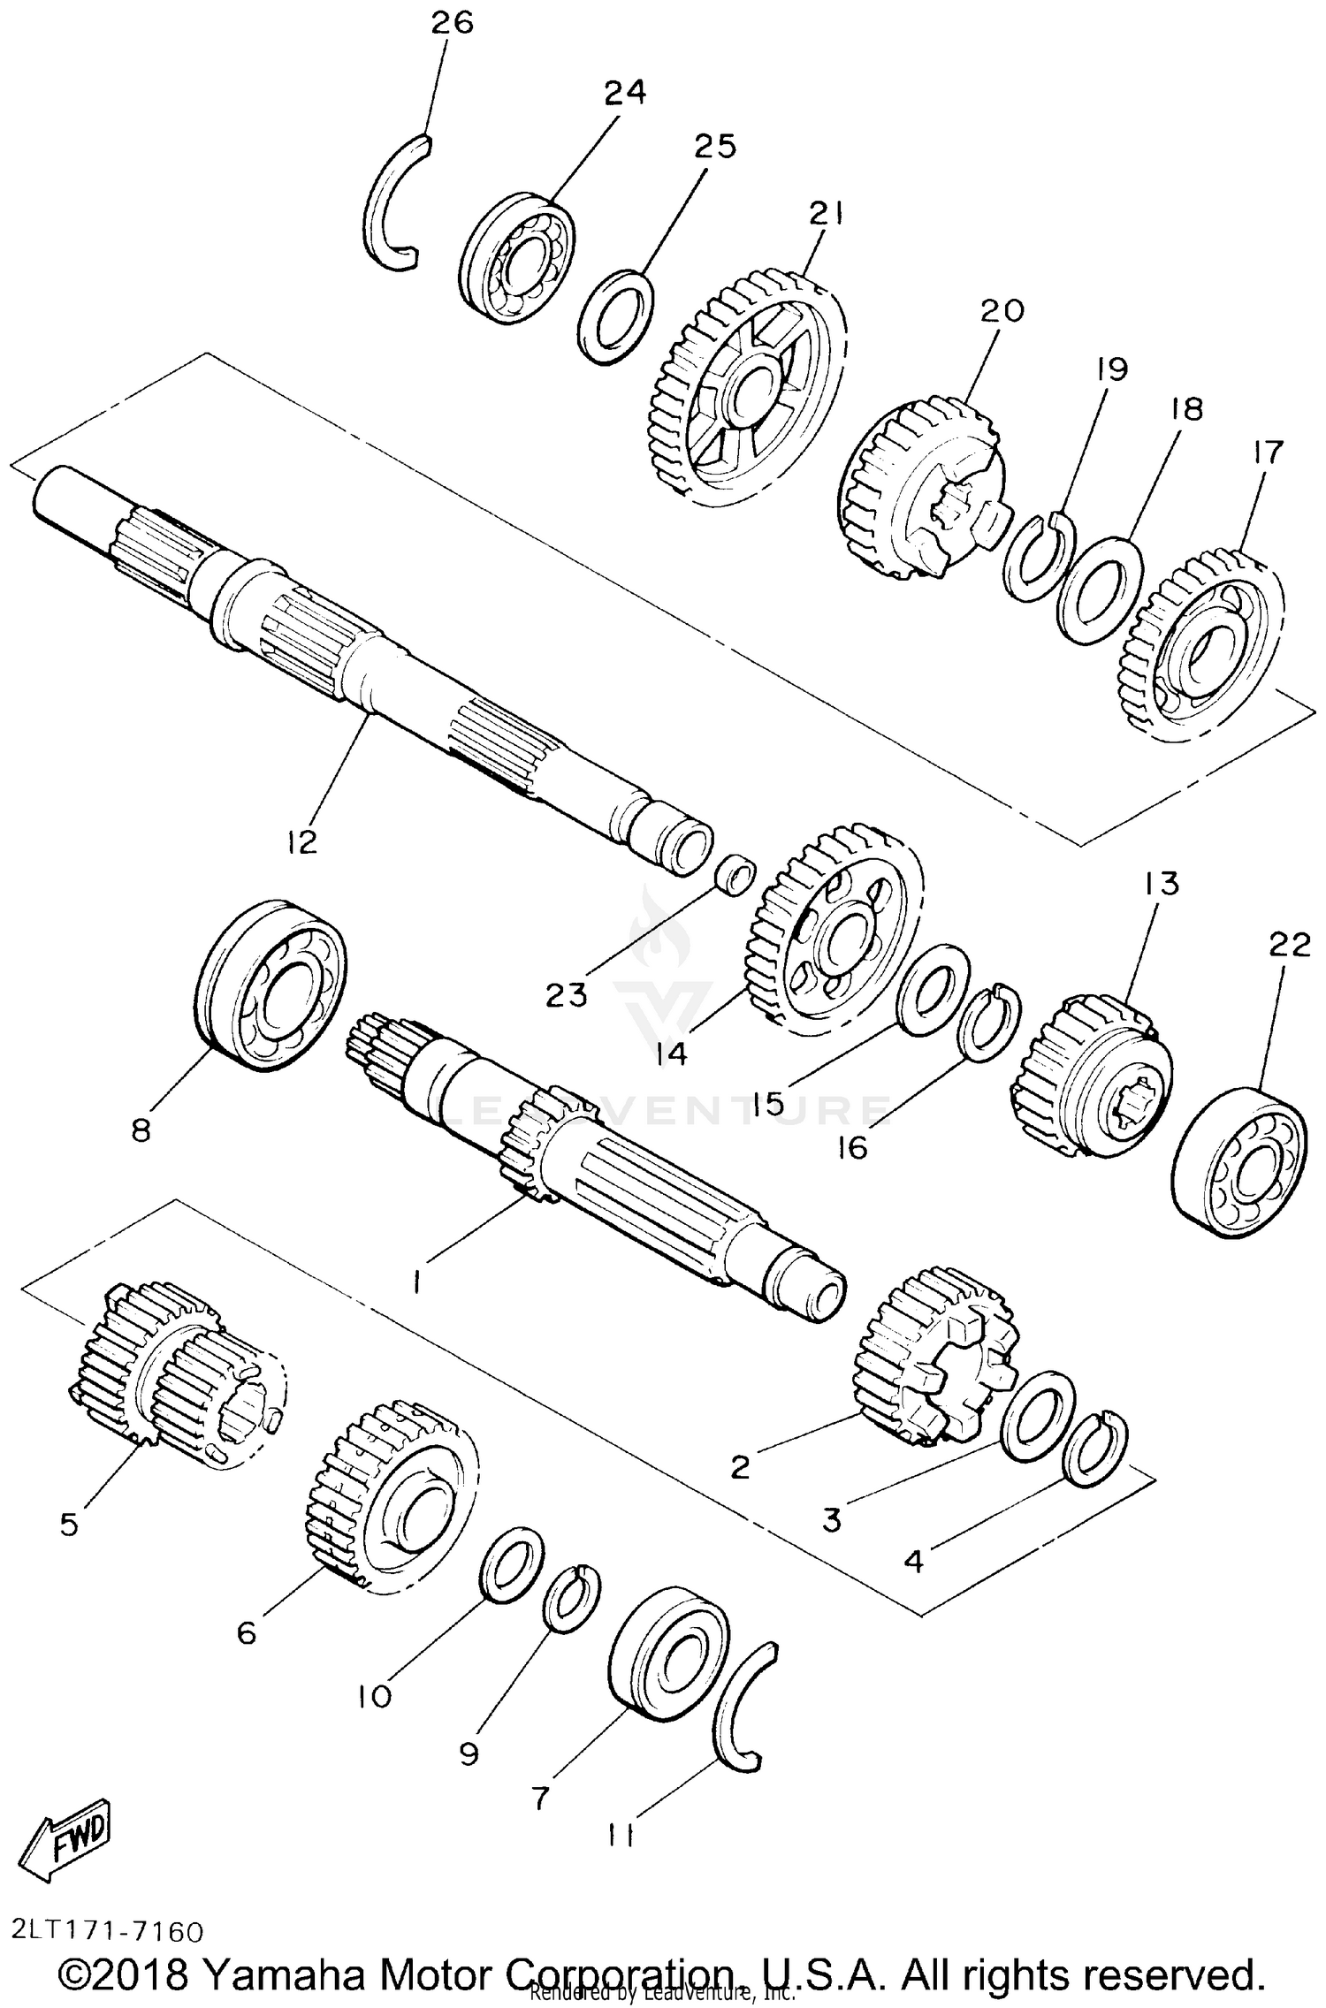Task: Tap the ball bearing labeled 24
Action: click(517, 257)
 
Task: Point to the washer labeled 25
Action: click(616, 316)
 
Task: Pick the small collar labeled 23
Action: click(735, 873)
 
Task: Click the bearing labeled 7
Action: click(669, 1654)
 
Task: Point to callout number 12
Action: click(301, 841)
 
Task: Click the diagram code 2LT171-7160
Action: click(108, 1930)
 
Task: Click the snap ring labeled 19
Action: click(1040, 556)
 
